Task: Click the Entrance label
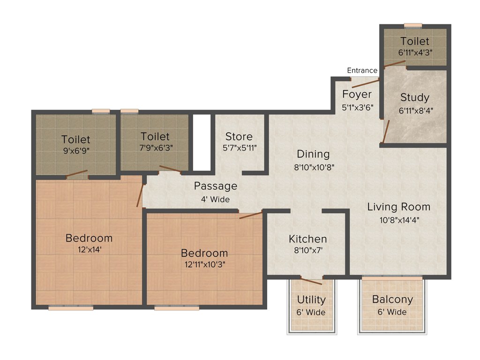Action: point(362,70)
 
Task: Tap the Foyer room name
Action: point(357,94)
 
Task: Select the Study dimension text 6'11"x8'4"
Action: point(414,111)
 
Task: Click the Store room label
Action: point(239,136)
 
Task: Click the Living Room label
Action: point(398,207)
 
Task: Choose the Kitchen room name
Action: point(307,239)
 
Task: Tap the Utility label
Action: point(311,300)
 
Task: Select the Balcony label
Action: point(392,300)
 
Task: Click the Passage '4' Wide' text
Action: point(216,199)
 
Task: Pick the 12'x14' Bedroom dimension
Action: point(89,250)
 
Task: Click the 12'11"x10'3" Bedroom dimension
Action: point(204,264)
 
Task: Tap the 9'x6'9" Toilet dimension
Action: point(75,152)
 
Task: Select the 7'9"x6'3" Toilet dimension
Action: point(155,149)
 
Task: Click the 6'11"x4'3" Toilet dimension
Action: point(415,53)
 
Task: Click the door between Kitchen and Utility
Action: point(311,281)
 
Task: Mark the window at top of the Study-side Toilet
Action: point(413,25)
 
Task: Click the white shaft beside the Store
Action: point(202,142)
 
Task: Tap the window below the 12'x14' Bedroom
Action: point(71,308)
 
